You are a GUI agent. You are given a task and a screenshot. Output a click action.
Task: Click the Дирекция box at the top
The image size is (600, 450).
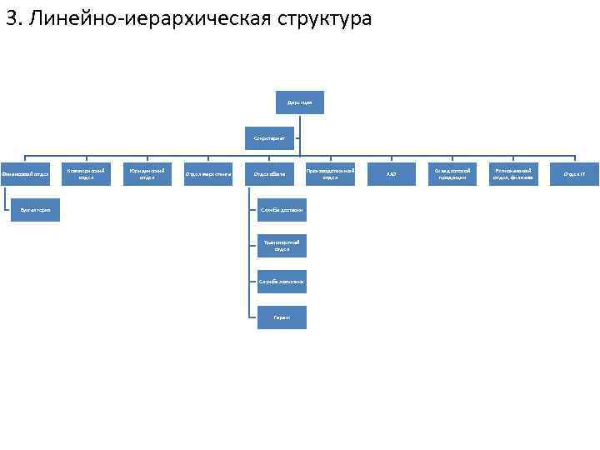click(x=299, y=102)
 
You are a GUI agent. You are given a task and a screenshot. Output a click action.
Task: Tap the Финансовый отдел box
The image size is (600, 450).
click(x=26, y=174)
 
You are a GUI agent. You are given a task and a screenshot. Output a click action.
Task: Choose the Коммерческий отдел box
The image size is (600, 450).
click(x=86, y=173)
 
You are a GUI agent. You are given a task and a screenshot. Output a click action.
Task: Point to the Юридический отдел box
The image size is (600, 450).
click(x=147, y=173)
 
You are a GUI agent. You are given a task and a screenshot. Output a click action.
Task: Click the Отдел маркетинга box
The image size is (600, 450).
click(x=207, y=174)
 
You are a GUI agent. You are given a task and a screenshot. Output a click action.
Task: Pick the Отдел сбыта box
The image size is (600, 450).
click(x=269, y=174)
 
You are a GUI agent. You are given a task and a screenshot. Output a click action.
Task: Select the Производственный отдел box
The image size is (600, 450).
click(x=330, y=173)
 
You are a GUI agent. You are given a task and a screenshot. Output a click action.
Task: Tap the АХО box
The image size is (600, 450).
click(x=391, y=174)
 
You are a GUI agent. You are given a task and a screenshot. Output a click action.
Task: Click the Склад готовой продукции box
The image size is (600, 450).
click(x=452, y=173)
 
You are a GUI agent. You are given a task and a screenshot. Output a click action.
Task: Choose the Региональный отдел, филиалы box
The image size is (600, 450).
click(x=513, y=173)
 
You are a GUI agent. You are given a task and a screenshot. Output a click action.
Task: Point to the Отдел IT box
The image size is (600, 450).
click(x=574, y=174)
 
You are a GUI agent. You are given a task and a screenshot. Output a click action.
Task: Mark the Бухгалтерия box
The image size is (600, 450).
click(x=36, y=210)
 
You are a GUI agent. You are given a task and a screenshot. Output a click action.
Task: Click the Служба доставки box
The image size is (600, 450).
click(x=282, y=210)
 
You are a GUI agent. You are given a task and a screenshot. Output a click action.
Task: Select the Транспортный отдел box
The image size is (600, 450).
click(x=282, y=246)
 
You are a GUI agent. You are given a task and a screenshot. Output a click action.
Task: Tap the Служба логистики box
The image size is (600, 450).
click(x=282, y=282)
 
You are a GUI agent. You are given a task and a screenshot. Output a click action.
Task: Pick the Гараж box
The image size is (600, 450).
click(x=282, y=317)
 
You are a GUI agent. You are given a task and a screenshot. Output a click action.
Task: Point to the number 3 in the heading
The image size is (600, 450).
click(x=12, y=18)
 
